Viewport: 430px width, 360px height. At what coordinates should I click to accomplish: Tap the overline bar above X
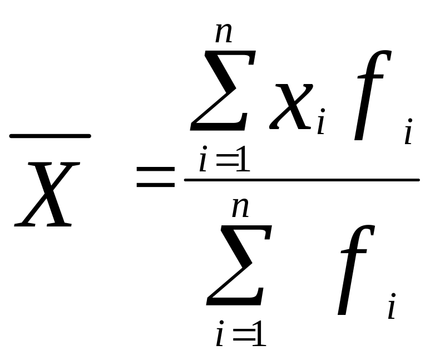click(50, 135)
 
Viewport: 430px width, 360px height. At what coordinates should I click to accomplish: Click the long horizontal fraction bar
click(301, 179)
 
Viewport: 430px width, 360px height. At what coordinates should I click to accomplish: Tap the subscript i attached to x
click(320, 125)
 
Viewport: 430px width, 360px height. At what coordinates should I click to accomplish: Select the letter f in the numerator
click(372, 96)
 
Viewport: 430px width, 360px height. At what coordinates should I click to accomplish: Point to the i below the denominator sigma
click(220, 336)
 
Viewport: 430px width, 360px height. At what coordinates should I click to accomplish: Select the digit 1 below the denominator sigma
click(258, 336)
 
